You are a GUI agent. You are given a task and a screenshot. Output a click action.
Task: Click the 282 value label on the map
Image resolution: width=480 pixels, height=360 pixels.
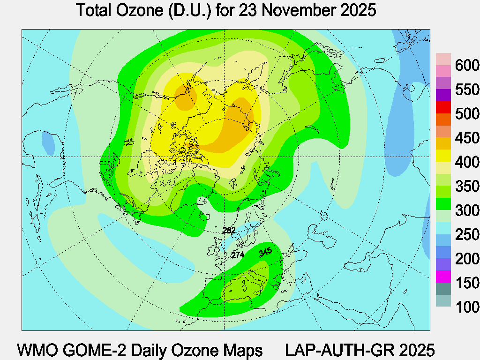click(229, 230)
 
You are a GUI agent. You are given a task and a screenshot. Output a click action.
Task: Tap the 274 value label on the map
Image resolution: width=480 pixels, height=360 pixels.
click(238, 255)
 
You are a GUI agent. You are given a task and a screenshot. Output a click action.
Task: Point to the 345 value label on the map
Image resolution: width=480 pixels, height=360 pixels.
click(265, 252)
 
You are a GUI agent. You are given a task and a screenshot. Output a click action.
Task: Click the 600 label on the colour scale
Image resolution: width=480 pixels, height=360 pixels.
click(467, 65)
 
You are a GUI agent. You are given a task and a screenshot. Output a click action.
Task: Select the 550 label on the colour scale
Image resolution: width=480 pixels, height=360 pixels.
click(467, 90)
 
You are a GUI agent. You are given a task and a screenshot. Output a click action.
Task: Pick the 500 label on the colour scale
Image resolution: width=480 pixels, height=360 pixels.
click(467, 114)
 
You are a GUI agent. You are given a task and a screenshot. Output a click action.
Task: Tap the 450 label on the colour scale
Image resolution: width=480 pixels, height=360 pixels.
click(467, 138)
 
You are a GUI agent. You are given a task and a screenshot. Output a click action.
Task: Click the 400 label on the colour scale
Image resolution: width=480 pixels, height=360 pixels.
click(467, 163)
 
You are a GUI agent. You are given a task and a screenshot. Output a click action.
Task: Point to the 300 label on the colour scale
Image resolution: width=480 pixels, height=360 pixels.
click(467, 211)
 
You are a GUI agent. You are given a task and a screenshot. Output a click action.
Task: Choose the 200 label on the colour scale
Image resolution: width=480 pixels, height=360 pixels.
click(467, 259)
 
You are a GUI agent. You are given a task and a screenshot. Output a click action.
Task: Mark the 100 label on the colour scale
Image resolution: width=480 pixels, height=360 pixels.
click(467, 307)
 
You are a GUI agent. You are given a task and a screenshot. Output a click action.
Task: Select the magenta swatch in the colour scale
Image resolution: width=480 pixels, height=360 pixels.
click(443, 277)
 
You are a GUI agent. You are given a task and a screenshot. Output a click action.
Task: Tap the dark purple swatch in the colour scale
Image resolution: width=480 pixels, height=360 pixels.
click(443, 96)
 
